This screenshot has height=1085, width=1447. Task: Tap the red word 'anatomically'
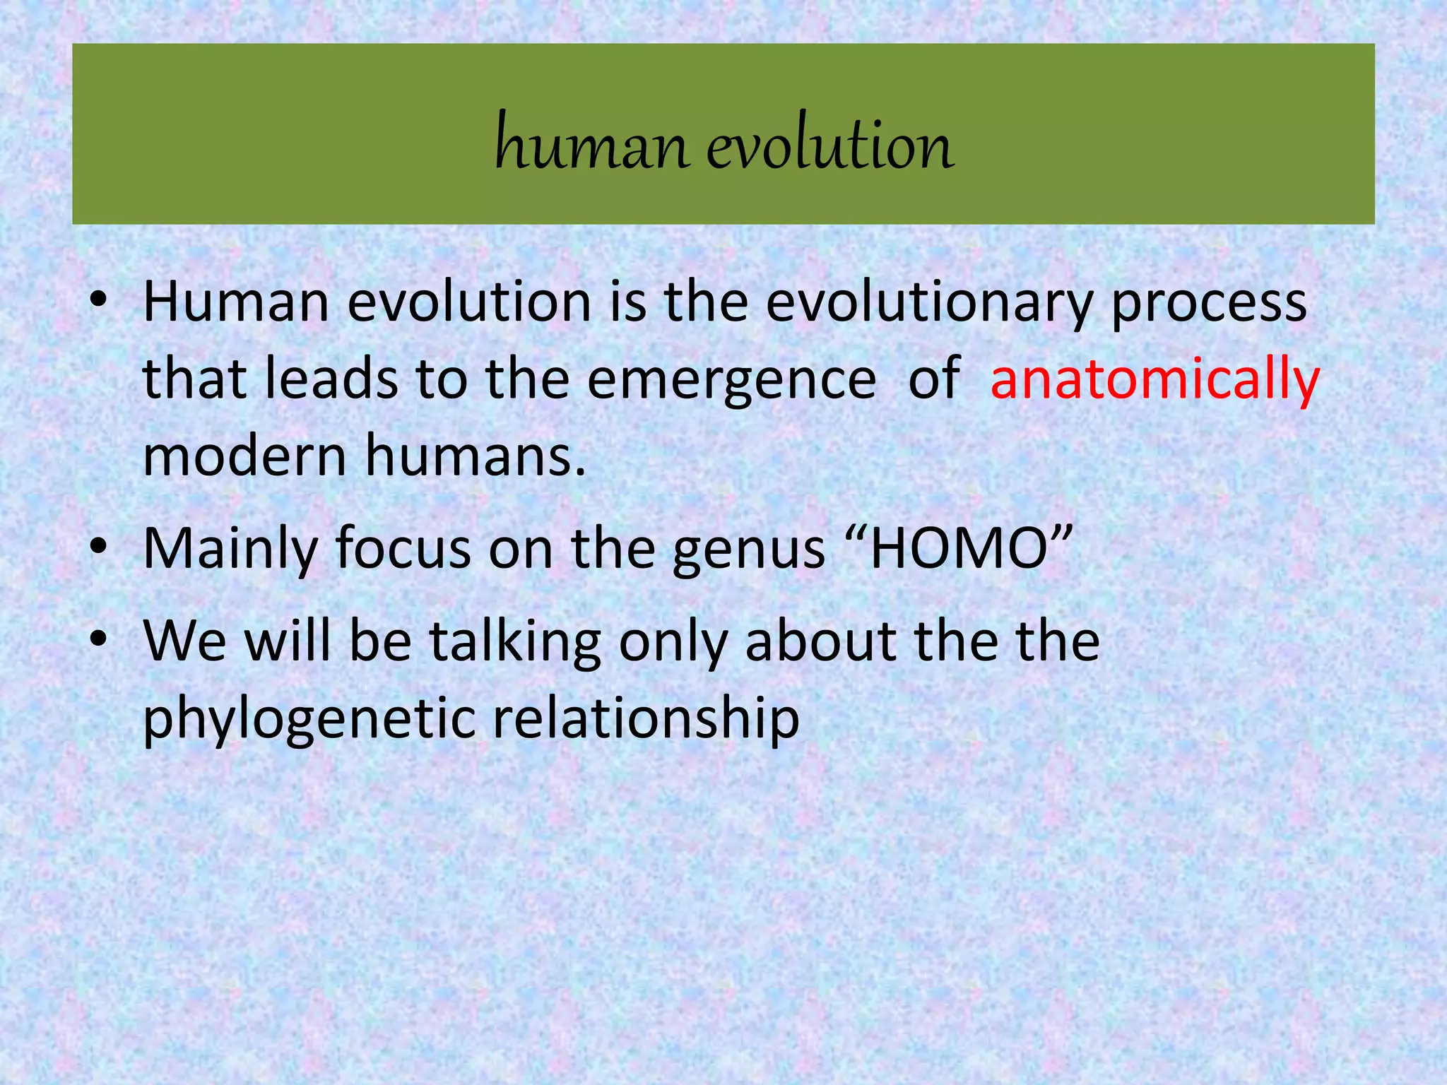1154,379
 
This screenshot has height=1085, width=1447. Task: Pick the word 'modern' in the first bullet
244,456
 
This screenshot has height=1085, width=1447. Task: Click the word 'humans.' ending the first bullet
476,456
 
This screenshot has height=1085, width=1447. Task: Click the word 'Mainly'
230,550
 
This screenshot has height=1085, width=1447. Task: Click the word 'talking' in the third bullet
516,643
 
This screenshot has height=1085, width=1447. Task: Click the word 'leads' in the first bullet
331,379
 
